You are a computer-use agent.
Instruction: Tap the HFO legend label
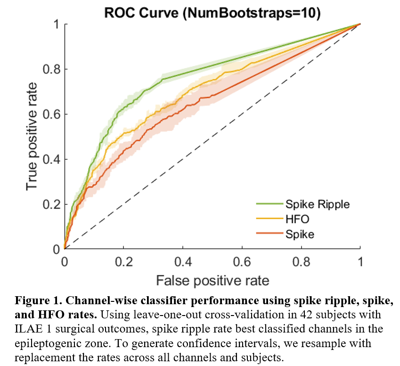point(295,219)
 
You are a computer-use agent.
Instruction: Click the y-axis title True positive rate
point(32,136)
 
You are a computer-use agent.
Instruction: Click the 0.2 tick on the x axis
point(123,261)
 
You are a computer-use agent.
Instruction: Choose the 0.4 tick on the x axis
point(183,261)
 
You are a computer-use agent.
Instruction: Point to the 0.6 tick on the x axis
point(242,261)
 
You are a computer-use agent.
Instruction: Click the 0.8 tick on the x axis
point(301,261)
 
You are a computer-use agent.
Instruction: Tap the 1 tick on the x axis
point(360,261)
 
